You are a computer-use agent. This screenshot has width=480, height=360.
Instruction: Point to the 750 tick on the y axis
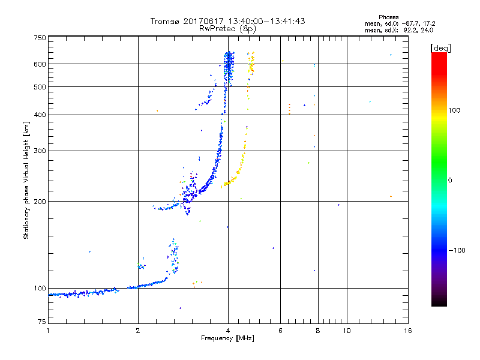pos(40,37)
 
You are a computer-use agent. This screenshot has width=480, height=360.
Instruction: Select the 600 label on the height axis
pos(40,64)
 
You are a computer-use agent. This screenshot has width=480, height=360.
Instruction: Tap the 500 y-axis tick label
pos(40,86)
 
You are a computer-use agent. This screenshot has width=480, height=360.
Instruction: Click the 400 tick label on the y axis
pos(40,115)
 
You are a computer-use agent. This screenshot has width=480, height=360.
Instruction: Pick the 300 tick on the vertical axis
pos(40,151)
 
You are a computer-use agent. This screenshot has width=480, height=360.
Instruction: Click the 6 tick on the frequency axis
pos(280,331)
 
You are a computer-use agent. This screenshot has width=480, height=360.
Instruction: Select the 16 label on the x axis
pos(407,331)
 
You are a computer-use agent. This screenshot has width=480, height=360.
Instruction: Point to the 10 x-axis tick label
pos(346,331)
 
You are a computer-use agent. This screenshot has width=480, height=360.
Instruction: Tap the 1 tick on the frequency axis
pos(48,331)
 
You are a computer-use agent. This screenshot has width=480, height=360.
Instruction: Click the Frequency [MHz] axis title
pos(227,339)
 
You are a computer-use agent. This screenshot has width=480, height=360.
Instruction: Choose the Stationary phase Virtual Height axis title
pos(26,180)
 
